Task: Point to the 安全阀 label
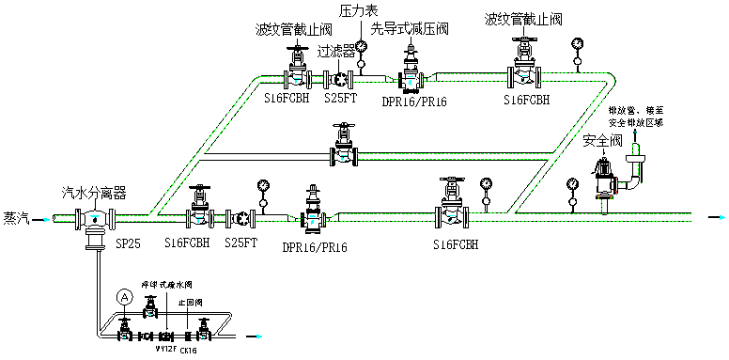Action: [x=601, y=141]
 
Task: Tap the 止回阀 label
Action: [x=189, y=303]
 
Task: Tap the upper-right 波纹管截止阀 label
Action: [x=523, y=18]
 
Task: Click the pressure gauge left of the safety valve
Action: [x=572, y=184]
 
